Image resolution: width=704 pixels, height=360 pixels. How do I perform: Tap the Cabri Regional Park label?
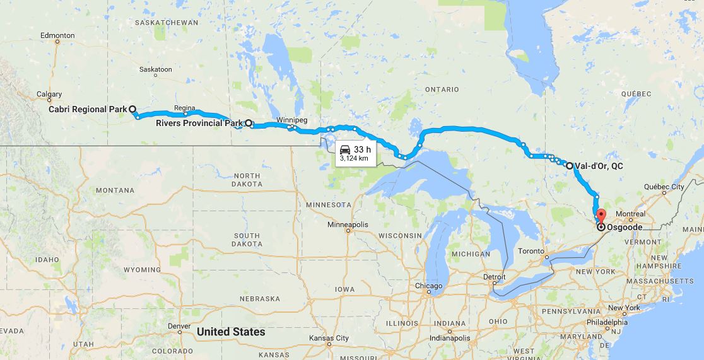pyautogui.click(x=88, y=109)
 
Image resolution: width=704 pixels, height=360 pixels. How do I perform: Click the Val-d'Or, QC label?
pyautogui.click(x=599, y=166)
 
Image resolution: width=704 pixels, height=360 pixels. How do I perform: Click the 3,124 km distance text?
pyautogui.click(x=354, y=158)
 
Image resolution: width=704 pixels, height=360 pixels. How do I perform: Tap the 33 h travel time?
pyautogui.click(x=363, y=149)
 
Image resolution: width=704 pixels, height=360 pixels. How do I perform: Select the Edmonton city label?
pyautogui.click(x=57, y=35)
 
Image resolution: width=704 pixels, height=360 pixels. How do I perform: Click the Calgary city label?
pyautogui.click(x=49, y=95)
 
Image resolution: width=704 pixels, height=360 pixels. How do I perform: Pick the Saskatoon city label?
pyautogui.click(x=155, y=69)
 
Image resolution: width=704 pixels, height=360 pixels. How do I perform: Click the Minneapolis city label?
pyautogui.click(x=348, y=224)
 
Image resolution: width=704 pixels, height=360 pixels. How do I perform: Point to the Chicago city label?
pyautogui.click(x=429, y=286)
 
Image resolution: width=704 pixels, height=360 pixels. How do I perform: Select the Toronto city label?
pyautogui.click(x=531, y=251)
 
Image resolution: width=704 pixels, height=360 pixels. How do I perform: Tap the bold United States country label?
pyautogui.click(x=231, y=332)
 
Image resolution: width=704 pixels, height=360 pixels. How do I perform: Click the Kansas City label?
pyautogui.click(x=329, y=338)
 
